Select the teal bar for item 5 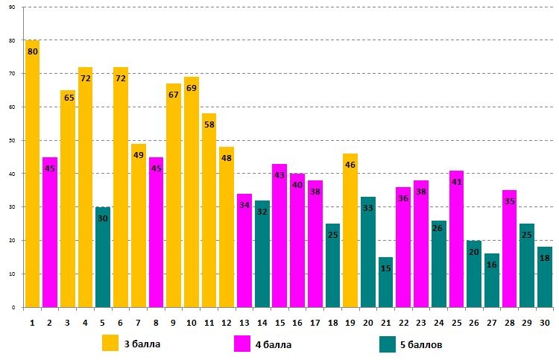tap(103, 257)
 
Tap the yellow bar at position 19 tap(350, 230)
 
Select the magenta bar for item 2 tap(50, 232)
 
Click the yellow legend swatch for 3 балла tap(111, 344)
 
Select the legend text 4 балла tap(274, 344)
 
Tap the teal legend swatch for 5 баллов tap(387, 344)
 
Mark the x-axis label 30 tap(544, 322)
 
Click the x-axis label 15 tap(279, 322)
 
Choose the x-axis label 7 tap(138, 322)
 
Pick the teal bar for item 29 tap(526, 265)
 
